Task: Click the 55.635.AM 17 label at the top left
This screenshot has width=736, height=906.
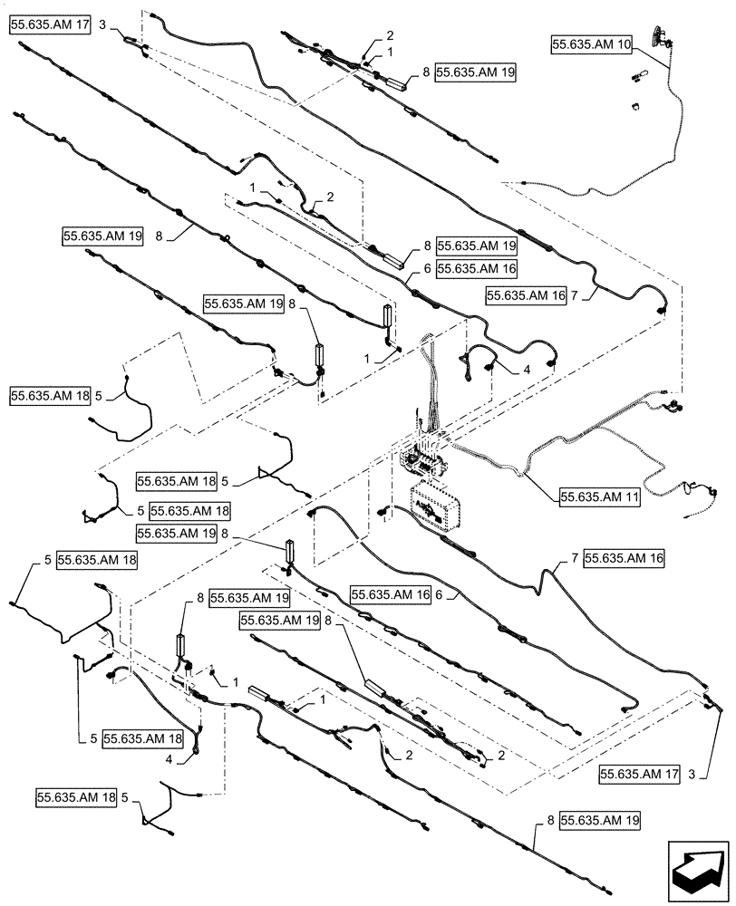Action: [51, 25]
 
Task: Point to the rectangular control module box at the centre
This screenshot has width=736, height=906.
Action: [436, 506]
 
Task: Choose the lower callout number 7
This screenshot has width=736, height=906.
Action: [574, 559]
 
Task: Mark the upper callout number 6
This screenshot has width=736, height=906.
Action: [425, 268]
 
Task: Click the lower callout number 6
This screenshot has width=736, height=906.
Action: [439, 595]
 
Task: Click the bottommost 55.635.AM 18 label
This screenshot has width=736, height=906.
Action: [77, 797]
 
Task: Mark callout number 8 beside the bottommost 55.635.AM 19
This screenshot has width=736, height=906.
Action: [549, 820]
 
